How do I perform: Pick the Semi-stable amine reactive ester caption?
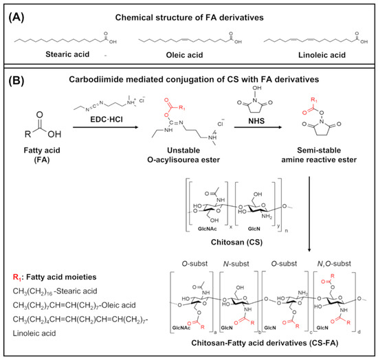click(315, 164)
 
